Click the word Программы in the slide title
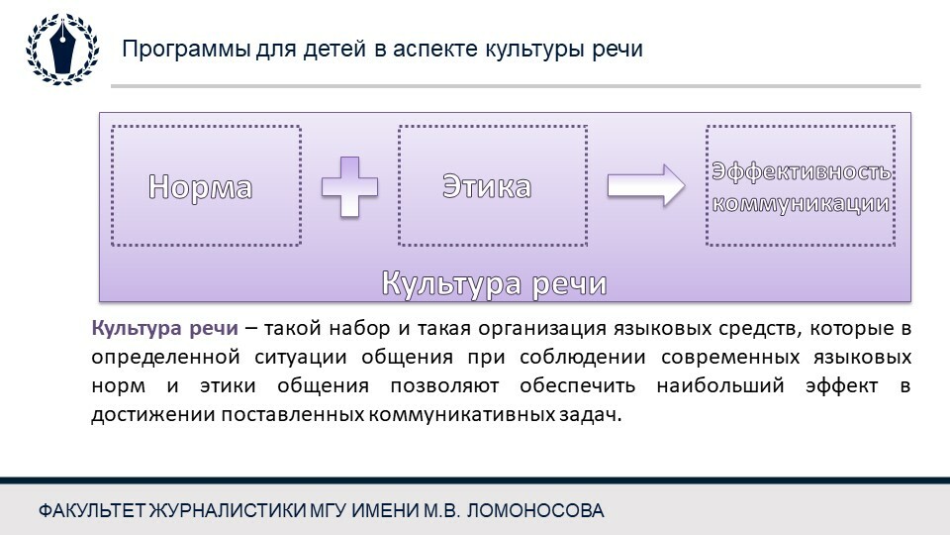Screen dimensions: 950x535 tap(186, 50)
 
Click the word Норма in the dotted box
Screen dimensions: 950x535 tap(201, 187)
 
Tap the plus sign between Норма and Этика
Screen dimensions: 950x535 tap(349, 187)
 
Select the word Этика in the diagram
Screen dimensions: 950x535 tap(487, 186)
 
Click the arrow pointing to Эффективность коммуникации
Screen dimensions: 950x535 tap(646, 185)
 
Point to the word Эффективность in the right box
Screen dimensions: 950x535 tap(801, 171)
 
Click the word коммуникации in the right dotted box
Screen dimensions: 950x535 tap(801, 203)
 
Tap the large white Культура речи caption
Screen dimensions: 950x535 tap(495, 283)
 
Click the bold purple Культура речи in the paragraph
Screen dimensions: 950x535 tap(165, 328)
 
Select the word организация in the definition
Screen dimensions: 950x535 tap(542, 329)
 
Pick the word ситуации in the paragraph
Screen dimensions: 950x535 tap(301, 358)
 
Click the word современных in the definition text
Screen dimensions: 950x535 tap(730, 357)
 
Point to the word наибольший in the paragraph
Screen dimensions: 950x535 tap(720, 385)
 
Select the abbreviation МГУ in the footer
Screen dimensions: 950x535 tap(329, 511)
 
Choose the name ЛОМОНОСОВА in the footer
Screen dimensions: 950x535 tap(535, 511)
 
